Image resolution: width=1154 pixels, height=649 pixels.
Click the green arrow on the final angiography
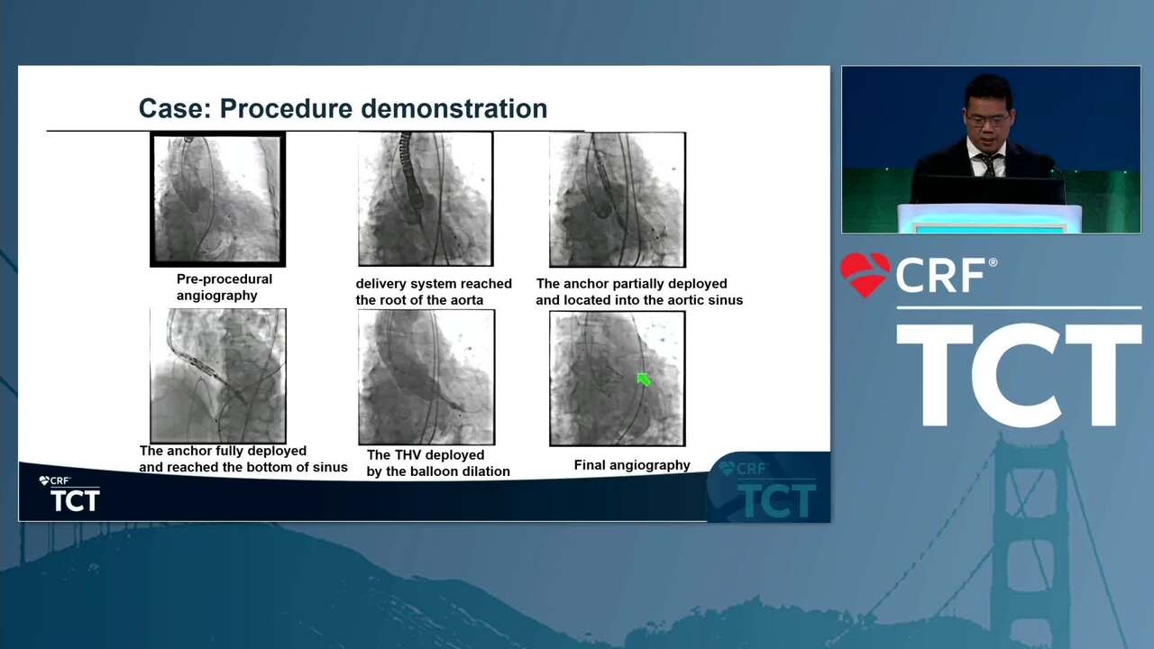[644, 379]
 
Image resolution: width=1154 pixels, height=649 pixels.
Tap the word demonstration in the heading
[453, 109]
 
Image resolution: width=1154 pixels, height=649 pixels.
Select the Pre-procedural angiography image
[217, 199]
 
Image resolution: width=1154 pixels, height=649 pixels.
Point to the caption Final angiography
[632, 465]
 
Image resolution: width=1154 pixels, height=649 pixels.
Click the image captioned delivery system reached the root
[426, 199]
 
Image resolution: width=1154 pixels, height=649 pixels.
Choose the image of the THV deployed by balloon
[426, 377]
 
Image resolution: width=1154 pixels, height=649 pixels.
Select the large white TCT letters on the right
[1019, 374]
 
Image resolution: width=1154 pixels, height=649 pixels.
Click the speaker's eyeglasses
[987, 121]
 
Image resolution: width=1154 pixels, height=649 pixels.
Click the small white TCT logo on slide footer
[75, 500]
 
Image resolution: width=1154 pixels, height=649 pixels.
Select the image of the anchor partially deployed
[618, 199]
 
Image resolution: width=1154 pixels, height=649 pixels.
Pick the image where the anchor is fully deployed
[218, 376]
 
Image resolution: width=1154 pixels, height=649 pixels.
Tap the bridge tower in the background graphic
[1030, 535]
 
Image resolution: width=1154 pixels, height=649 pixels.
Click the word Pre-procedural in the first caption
[224, 279]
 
